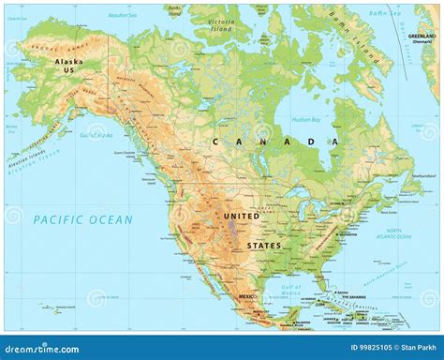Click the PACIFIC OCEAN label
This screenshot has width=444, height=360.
click(x=82, y=218)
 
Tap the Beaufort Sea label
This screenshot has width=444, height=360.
click(x=123, y=16)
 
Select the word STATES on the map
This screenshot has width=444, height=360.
click(x=264, y=245)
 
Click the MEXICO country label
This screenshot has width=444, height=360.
click(x=248, y=296)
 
